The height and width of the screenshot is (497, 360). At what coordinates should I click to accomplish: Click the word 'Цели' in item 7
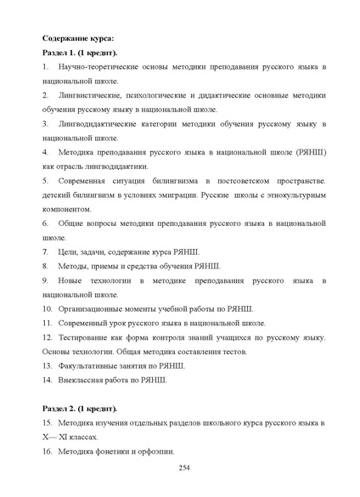pyautogui.click(x=69, y=252)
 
